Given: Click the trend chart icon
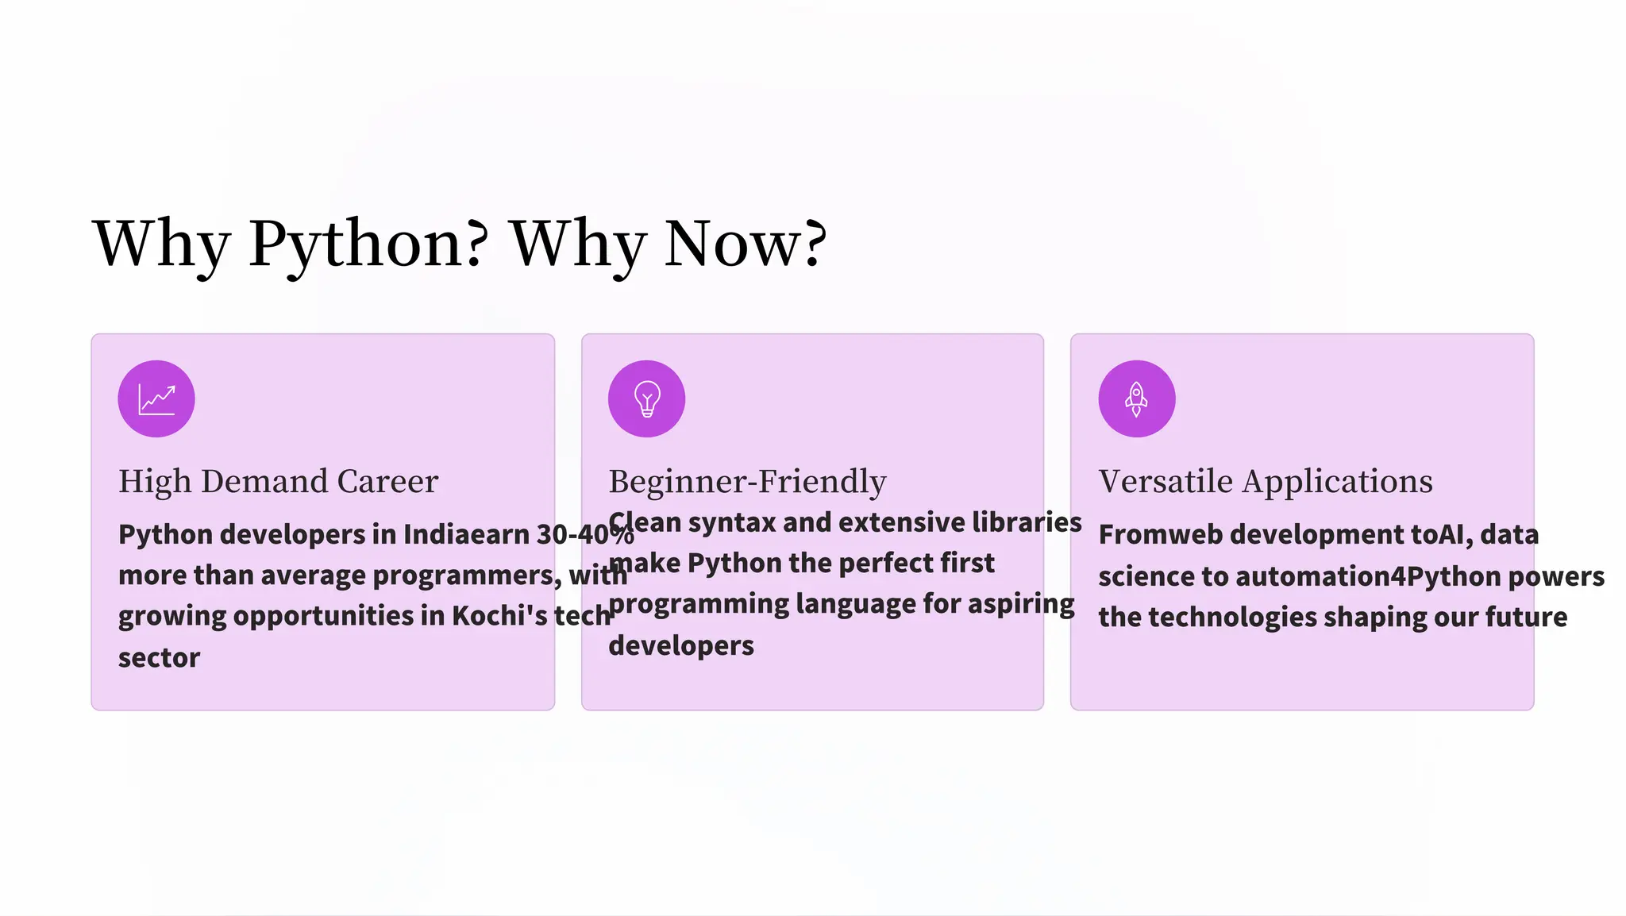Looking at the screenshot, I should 156,398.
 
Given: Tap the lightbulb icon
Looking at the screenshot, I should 646,398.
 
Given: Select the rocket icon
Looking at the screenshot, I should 1136,398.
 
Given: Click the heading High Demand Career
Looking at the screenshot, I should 278,481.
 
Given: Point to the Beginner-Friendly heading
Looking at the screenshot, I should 747,481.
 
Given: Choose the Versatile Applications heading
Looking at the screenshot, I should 1266,481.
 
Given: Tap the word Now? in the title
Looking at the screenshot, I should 746,244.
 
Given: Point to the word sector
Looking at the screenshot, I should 159,657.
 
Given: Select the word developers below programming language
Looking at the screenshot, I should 681,645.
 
